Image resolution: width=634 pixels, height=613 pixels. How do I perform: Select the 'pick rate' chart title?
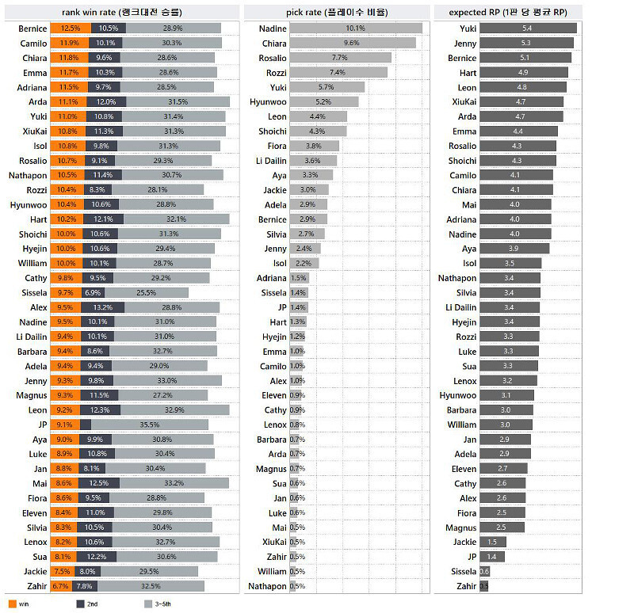pyautogui.click(x=337, y=12)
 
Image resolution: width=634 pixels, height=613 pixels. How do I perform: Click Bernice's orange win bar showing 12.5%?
pyautogui.click(x=64, y=28)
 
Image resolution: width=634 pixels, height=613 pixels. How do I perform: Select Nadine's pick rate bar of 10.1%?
pyautogui.click(x=356, y=29)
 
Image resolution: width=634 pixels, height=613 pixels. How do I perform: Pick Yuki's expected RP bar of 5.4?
pyautogui.click(x=528, y=29)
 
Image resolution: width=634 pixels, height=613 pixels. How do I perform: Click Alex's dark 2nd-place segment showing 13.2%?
pyautogui.click(x=100, y=307)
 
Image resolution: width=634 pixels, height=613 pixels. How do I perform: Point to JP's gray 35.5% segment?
pyautogui.click(x=149, y=425)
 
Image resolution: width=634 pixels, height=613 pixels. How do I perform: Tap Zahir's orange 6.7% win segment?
pyautogui.click(x=60, y=586)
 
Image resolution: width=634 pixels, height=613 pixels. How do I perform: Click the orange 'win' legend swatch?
pyautogui.click(x=12, y=604)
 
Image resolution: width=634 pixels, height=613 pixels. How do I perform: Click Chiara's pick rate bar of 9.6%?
pyautogui.click(x=353, y=43)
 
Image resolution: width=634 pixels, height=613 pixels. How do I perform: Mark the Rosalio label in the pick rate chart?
pyautogui.click(x=272, y=58)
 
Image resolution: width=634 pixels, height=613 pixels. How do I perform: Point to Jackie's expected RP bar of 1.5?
pyautogui.click(x=492, y=542)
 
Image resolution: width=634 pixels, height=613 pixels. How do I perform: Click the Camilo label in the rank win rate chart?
pyautogui.click(x=32, y=43)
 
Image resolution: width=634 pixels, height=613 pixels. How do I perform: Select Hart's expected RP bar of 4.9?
pyautogui.click(x=523, y=72)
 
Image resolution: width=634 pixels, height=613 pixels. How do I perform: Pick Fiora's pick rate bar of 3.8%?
pyautogui.click(x=314, y=146)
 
